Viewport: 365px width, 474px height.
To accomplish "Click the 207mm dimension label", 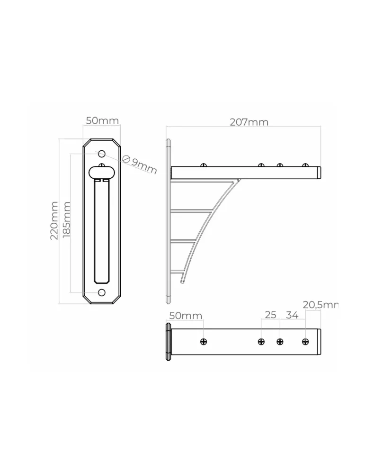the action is [x=249, y=122].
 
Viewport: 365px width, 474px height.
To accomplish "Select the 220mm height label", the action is [x=54, y=220].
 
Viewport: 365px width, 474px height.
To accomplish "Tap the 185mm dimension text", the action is [x=66, y=219].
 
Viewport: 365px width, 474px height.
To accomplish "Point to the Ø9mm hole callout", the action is [x=140, y=165].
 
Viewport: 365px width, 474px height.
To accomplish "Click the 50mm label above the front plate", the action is [x=102, y=120].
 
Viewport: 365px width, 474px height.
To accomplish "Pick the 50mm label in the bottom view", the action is [x=186, y=316].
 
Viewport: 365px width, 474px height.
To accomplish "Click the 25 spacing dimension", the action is [x=270, y=315].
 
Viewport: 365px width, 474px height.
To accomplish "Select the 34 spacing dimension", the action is [x=292, y=315].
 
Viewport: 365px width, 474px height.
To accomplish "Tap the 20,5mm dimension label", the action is [x=320, y=305].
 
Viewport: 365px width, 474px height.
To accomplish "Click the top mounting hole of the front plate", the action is [x=102, y=154].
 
